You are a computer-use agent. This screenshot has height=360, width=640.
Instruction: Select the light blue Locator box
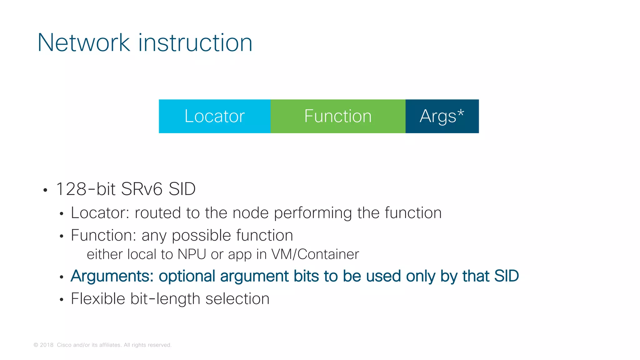pyautogui.click(x=214, y=116)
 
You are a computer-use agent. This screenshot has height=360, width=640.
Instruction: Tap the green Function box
pyautogui.click(x=338, y=116)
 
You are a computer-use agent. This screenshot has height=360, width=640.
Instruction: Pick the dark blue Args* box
pyautogui.click(x=442, y=116)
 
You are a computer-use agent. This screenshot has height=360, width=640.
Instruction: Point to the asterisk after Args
pyautogui.click(x=461, y=112)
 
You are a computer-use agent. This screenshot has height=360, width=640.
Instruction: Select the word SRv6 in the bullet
pyautogui.click(x=142, y=189)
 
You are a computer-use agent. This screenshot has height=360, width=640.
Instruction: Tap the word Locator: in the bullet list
pyautogui.click(x=100, y=213)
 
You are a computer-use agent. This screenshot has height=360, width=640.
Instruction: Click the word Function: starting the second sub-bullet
pyautogui.click(x=103, y=235)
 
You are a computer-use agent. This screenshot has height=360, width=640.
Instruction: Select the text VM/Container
pyautogui.click(x=315, y=254)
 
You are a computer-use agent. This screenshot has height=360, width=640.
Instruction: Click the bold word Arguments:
pyautogui.click(x=112, y=276)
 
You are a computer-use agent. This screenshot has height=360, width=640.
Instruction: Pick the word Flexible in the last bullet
pyautogui.click(x=98, y=299)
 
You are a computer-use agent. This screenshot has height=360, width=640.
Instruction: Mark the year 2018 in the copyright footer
pyautogui.click(x=47, y=345)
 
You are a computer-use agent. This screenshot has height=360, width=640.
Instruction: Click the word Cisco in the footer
pyautogui.click(x=64, y=345)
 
